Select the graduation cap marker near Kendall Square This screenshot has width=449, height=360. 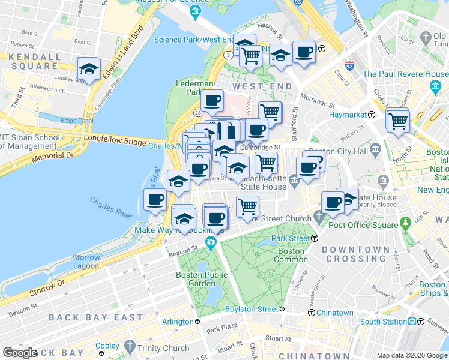[x=89, y=70]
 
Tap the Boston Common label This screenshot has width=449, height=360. [x=291, y=255]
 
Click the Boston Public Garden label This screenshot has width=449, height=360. [x=195, y=279]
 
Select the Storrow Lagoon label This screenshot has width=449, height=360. [x=86, y=262]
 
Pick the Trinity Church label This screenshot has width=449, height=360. [x=167, y=348]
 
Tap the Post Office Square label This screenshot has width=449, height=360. [x=364, y=225]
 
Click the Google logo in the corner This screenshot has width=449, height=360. [x=20, y=353]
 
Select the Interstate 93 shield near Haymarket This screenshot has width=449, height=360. [x=349, y=65]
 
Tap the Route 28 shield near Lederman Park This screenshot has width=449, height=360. [x=197, y=113]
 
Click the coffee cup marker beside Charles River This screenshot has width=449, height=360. [x=155, y=199]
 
